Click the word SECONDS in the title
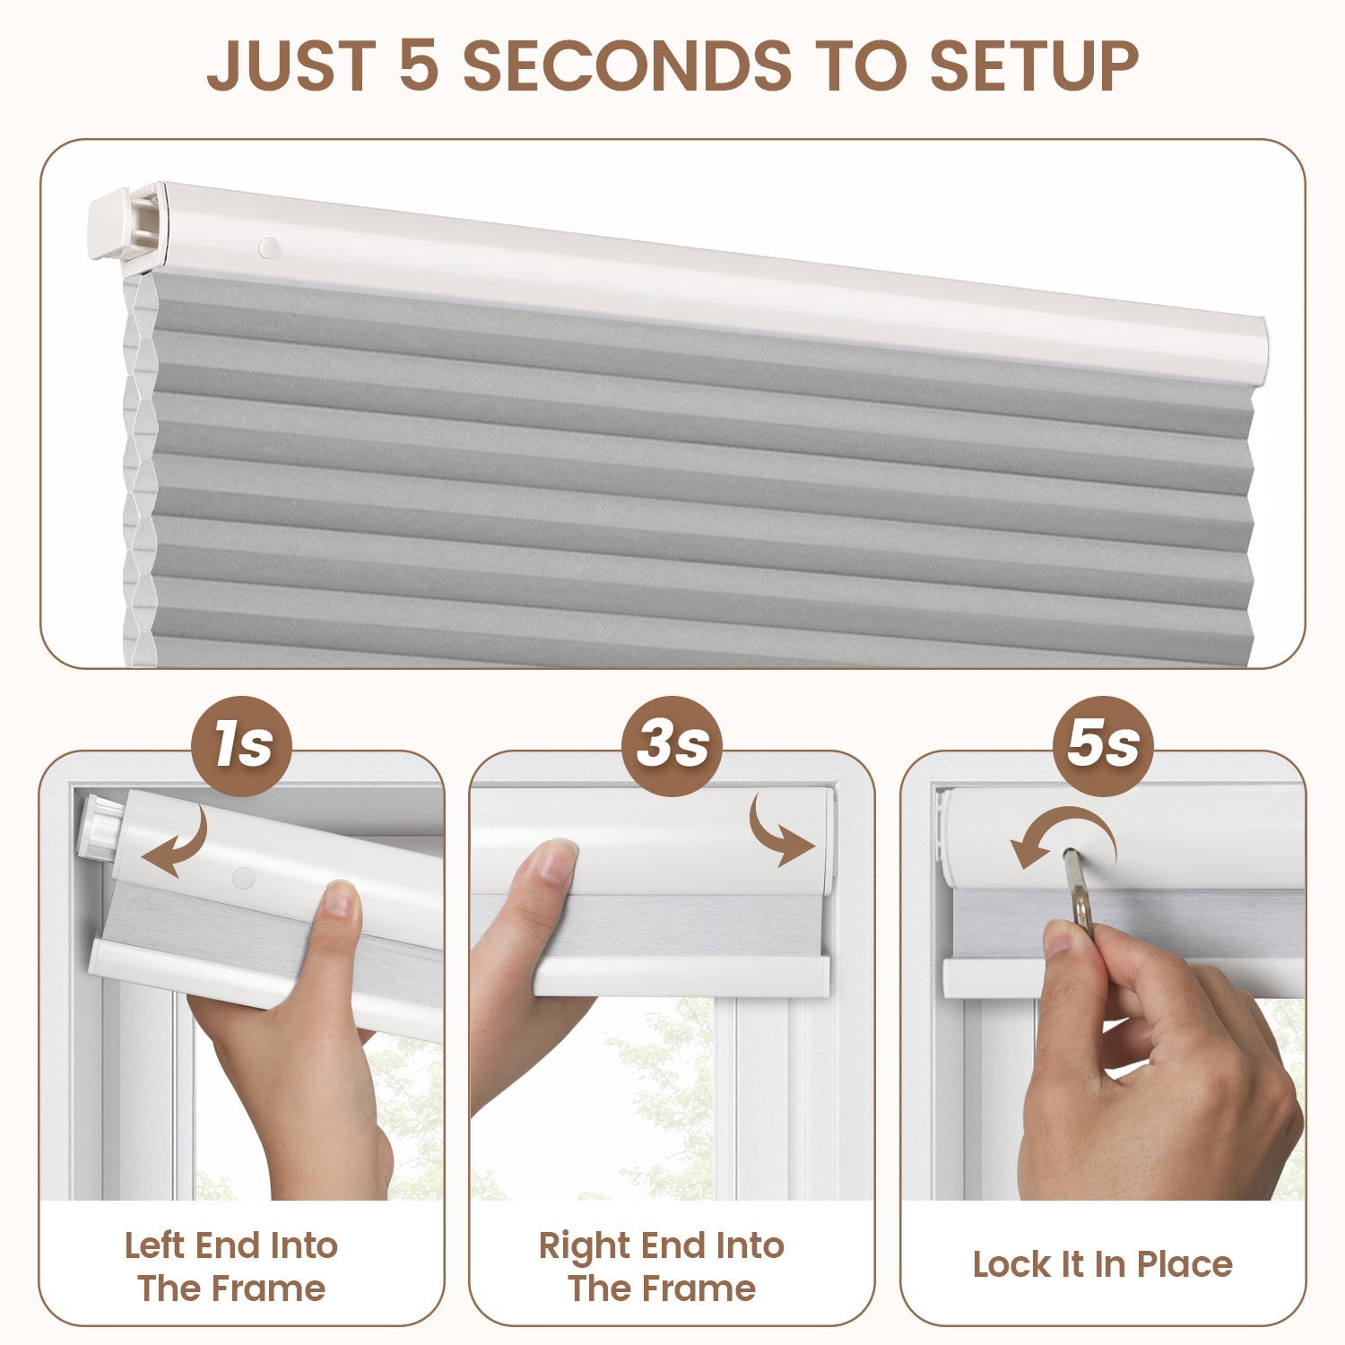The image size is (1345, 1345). click(x=627, y=65)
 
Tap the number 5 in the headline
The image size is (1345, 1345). click(x=418, y=65)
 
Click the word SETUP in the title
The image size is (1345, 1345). click(x=1034, y=65)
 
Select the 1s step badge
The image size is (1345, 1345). click(x=242, y=745)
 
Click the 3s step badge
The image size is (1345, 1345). click(x=672, y=745)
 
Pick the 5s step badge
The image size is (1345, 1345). click(x=1103, y=745)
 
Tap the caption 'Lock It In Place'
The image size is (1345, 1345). click(x=1103, y=1264)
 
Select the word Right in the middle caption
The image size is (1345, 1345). click(x=584, y=1246)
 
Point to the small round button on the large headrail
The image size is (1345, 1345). click(x=268, y=247)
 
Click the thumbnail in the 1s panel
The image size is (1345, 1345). click(x=339, y=899)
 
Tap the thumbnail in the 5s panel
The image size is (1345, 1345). click(x=1063, y=938)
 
